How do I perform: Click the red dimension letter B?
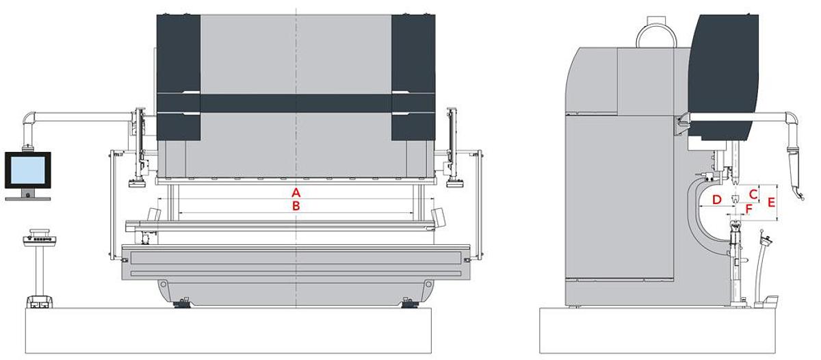[x=296, y=205]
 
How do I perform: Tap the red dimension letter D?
[x=716, y=199]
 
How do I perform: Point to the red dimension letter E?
[x=771, y=203]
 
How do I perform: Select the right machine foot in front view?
[x=409, y=303]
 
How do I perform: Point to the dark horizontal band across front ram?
[x=296, y=103]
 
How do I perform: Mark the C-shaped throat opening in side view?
[x=705, y=212]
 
